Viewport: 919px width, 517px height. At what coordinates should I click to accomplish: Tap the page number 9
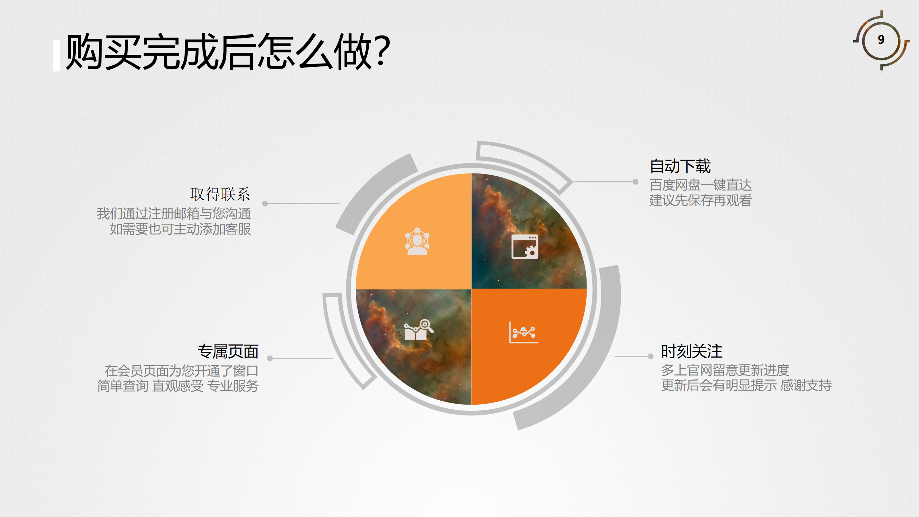pos(881,39)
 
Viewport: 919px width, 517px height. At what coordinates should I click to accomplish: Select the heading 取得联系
pos(220,194)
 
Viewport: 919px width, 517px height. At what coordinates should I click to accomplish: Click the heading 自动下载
pos(680,166)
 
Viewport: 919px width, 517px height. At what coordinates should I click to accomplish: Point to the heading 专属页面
pos(228,351)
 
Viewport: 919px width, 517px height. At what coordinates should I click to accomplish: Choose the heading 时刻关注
pos(692,351)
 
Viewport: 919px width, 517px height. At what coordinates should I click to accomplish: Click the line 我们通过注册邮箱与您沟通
pos(174,214)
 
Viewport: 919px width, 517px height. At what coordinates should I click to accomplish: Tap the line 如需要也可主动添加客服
pos(180,229)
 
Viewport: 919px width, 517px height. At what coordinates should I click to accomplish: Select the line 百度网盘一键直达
pos(700,185)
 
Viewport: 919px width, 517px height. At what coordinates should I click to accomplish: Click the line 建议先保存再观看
pos(700,200)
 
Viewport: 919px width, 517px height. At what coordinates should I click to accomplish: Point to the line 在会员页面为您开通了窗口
pos(181,371)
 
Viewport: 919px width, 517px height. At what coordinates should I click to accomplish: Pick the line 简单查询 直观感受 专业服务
pos(178,386)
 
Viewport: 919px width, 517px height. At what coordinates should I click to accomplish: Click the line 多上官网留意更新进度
pos(725,370)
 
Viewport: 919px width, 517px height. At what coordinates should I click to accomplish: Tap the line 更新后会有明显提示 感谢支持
pos(746,385)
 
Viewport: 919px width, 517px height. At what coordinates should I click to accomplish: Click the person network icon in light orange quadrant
pos(417,241)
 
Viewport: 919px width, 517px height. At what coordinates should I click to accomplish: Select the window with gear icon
pos(525,246)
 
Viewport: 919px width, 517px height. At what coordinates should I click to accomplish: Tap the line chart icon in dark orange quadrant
pos(524,332)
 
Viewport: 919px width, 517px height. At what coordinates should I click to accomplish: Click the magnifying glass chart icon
pos(419,330)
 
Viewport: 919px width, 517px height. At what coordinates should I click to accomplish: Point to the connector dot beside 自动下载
pos(635,182)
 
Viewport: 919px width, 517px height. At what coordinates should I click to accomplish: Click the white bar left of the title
pos(56,56)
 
